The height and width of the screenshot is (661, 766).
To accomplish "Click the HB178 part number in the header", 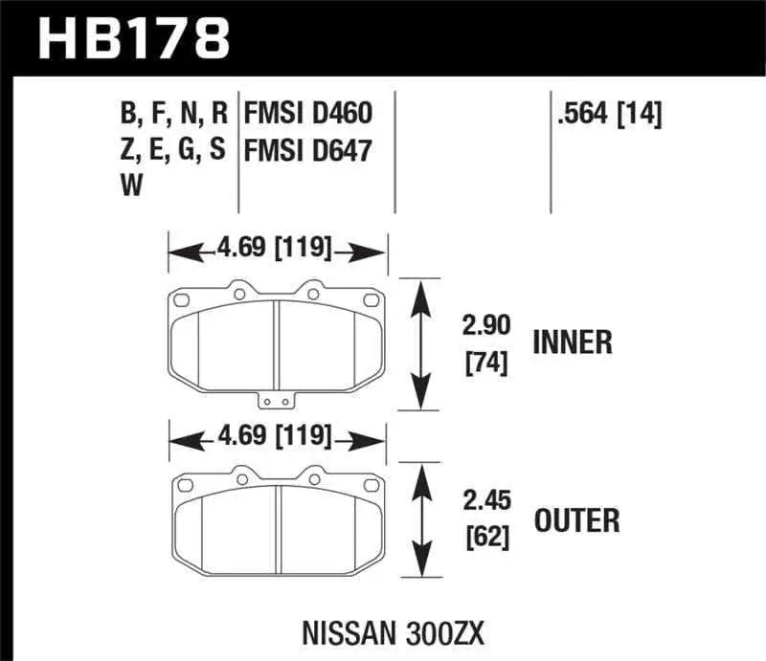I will (x=133, y=39).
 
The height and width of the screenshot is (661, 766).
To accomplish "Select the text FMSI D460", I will (x=307, y=116).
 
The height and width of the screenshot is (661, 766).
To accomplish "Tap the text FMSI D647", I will (x=307, y=151).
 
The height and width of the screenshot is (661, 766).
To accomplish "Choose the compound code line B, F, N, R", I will (x=173, y=116).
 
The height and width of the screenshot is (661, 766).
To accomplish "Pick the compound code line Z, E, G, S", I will (x=173, y=151).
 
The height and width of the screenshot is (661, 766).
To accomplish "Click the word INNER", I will (x=572, y=342).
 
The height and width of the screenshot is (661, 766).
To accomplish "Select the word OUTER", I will (x=575, y=520).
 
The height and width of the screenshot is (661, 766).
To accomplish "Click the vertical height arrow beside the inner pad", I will (x=418, y=344).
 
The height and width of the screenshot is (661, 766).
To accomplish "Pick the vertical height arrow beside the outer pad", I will (x=418, y=521).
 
